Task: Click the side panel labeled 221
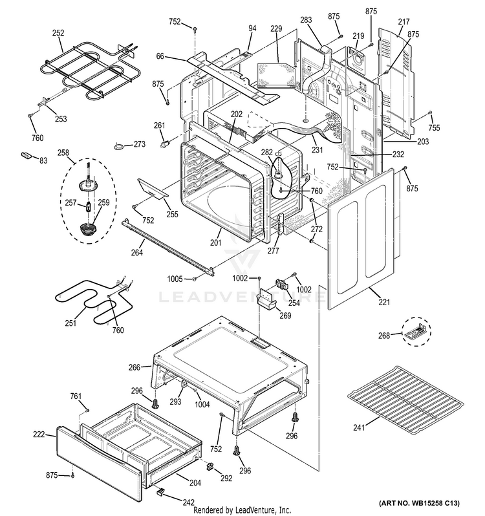click(x=362, y=233)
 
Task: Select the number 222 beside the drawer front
click(x=39, y=435)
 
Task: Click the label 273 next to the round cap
click(x=140, y=144)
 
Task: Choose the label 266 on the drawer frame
click(x=134, y=367)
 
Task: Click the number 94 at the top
click(x=252, y=28)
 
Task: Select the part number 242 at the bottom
click(x=188, y=502)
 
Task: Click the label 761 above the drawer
click(x=76, y=396)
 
